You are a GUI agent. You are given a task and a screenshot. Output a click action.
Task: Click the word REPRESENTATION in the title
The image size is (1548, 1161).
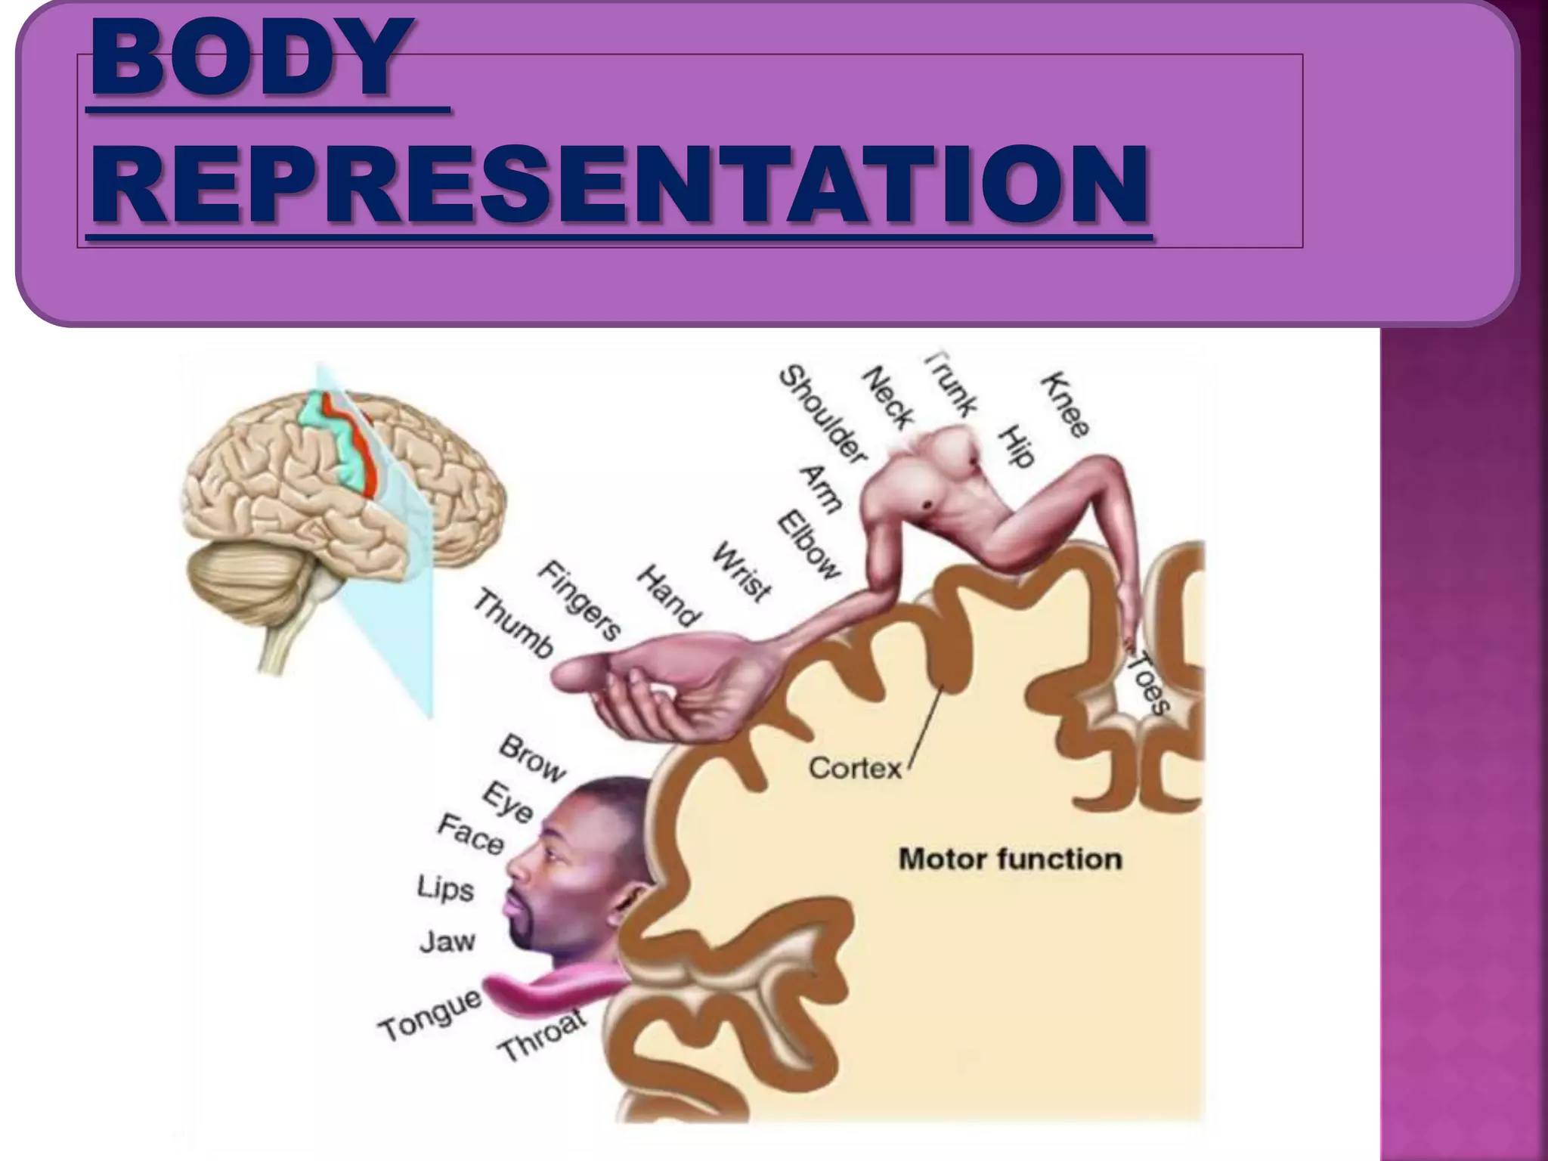tap(620, 185)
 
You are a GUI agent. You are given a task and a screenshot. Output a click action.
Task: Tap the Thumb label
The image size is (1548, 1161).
tap(513, 624)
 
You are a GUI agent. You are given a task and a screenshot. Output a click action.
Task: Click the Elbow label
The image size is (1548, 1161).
tap(810, 545)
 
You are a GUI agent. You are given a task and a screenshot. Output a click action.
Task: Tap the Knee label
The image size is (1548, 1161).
tap(1067, 404)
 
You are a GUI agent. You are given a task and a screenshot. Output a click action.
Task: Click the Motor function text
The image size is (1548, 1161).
tap(1010, 859)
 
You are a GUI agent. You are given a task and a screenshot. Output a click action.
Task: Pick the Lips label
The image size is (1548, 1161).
tap(445, 889)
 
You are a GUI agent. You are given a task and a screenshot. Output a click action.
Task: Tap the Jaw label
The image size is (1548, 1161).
tap(447, 942)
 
